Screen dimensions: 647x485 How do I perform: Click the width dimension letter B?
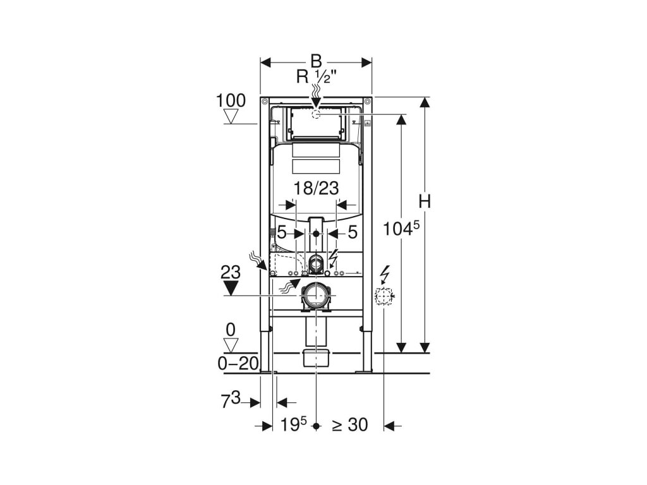[316, 61]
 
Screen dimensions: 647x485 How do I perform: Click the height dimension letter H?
[425, 202]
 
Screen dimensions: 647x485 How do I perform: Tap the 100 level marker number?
[231, 100]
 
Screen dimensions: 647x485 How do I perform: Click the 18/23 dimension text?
[317, 188]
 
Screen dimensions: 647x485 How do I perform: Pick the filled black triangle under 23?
[231, 289]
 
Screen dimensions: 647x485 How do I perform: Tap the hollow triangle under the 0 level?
[232, 345]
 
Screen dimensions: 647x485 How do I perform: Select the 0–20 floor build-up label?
[238, 364]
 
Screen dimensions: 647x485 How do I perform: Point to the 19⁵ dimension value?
[294, 425]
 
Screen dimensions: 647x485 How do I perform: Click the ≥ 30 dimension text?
[349, 425]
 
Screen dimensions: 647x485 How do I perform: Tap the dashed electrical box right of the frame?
[384, 296]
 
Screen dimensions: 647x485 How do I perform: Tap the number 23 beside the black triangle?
[231, 272]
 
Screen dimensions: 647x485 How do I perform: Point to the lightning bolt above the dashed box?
[384, 275]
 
